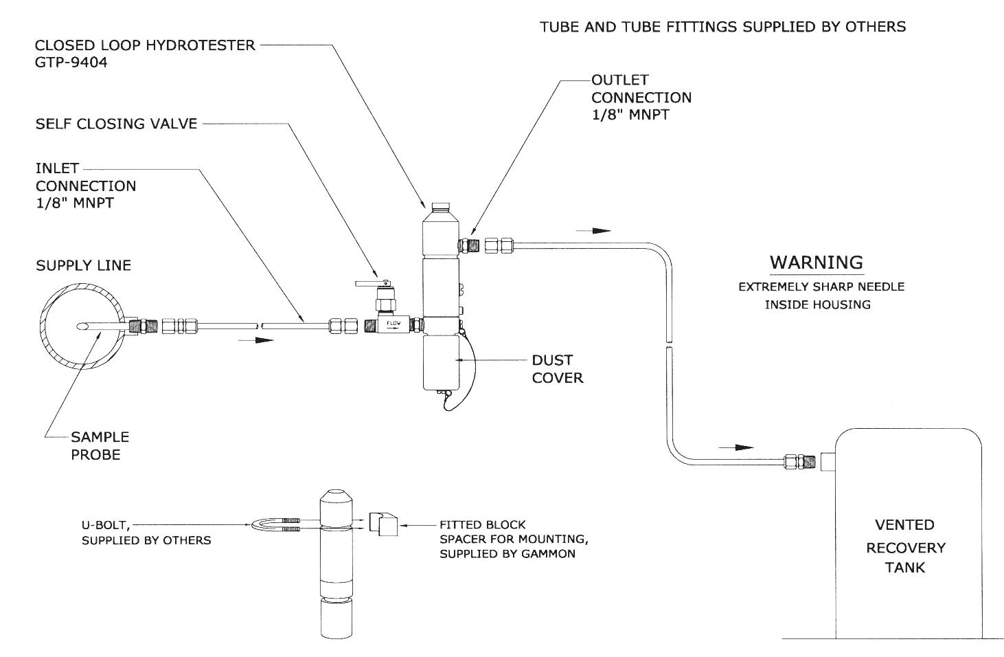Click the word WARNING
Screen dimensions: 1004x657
(x=817, y=263)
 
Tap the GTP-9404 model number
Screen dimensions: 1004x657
(x=71, y=63)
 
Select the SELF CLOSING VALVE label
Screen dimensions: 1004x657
(x=116, y=124)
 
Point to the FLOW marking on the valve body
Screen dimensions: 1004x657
(x=393, y=323)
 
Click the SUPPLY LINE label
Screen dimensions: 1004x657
(x=83, y=265)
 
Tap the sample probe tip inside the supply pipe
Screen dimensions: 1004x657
(x=82, y=326)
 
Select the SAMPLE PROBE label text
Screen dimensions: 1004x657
(x=100, y=446)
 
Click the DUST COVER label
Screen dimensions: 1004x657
(x=558, y=369)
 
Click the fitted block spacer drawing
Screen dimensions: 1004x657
(x=383, y=524)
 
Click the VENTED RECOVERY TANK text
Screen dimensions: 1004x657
(x=905, y=546)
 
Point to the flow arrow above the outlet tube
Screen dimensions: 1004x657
(x=593, y=231)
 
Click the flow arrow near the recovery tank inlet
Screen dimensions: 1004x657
(x=736, y=447)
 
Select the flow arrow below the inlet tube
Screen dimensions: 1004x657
(x=255, y=340)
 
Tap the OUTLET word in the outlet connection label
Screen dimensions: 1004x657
(x=620, y=80)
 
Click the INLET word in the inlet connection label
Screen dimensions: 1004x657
(x=58, y=168)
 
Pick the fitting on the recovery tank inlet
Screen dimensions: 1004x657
(x=799, y=461)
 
